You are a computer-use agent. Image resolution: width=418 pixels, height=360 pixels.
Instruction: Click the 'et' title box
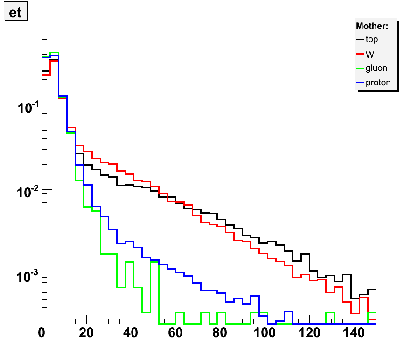pyautogui.click(x=16, y=13)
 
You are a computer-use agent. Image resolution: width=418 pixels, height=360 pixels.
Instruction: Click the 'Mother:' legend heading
pyautogui.click(x=376, y=26)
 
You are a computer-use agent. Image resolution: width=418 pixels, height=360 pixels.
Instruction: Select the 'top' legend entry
pyautogui.click(x=372, y=40)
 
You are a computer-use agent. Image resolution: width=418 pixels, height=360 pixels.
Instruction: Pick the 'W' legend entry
pyautogui.click(x=370, y=54)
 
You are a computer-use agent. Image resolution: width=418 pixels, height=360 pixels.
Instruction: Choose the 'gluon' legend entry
pyautogui.click(x=376, y=69)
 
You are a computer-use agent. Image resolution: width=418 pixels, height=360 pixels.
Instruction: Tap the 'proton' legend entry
pyautogui.click(x=378, y=83)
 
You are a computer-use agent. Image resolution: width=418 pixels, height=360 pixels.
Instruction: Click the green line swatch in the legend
pyautogui.click(x=360, y=69)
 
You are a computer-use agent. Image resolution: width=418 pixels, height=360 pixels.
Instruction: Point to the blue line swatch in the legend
pyautogui.click(x=360, y=83)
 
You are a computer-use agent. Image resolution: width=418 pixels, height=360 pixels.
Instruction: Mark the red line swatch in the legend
pyautogui.click(x=360, y=54)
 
